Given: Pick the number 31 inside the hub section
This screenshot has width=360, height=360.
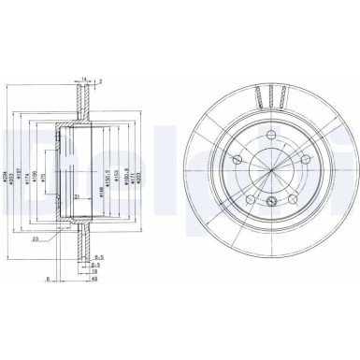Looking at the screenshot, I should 77,194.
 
